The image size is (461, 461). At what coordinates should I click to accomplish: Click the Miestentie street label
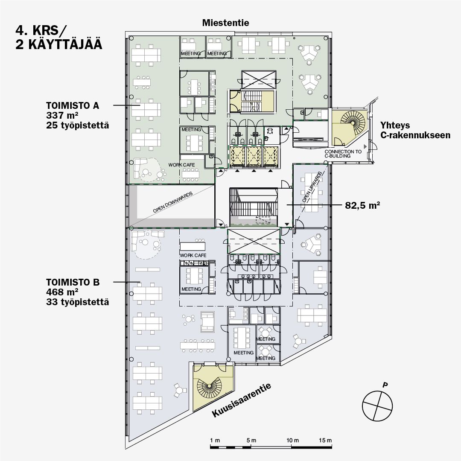tap(225, 23)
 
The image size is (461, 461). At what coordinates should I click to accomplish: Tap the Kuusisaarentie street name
tap(241, 400)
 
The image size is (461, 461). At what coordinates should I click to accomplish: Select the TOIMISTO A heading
tap(73, 105)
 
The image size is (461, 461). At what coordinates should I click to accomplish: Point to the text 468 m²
tap(62, 292)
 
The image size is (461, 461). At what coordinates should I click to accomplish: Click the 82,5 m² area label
tap(362, 205)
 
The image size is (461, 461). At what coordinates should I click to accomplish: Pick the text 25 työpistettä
tap(77, 125)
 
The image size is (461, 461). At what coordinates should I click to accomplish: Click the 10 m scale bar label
tap(292, 440)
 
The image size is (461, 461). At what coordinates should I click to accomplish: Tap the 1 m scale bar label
tap(215, 440)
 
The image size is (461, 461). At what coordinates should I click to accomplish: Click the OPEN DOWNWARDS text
tap(173, 202)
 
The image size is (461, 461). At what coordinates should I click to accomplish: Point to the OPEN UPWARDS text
tap(312, 187)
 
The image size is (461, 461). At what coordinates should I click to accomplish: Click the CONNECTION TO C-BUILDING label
tap(343, 154)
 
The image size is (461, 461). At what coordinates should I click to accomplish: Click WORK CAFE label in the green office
tap(181, 165)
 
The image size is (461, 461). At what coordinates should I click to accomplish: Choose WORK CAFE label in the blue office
tap(193, 256)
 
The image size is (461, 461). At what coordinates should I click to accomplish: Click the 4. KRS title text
tap(41, 31)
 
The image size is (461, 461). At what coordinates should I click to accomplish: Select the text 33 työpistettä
tap(77, 302)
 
